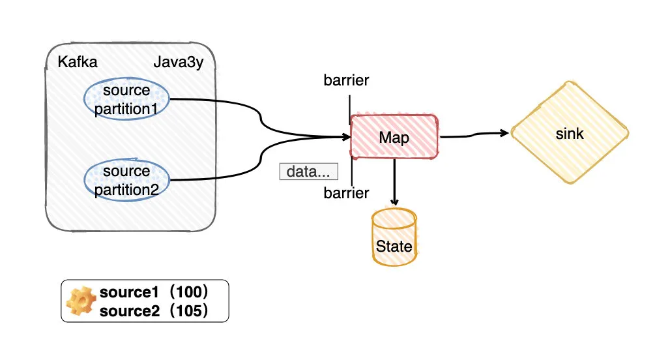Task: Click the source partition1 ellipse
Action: point(126,99)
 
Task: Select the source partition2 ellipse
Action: point(126,180)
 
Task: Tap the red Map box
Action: point(394,137)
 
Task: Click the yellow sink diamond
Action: point(570,133)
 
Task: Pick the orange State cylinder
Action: point(394,237)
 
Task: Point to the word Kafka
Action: point(78,62)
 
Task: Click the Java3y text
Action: point(179,63)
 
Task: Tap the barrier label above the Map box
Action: point(346,80)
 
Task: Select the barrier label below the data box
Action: point(346,193)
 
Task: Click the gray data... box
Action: point(309,172)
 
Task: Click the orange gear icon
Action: point(81,301)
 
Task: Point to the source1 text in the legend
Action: point(129,292)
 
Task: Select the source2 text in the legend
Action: point(130,310)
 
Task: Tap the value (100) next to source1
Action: point(189,292)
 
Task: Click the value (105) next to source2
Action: point(189,310)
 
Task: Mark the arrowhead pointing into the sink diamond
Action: point(504,133)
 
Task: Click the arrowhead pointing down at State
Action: point(394,202)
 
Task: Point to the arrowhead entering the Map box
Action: point(346,137)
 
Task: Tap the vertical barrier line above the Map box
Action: point(349,110)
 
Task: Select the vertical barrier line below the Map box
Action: point(352,172)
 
